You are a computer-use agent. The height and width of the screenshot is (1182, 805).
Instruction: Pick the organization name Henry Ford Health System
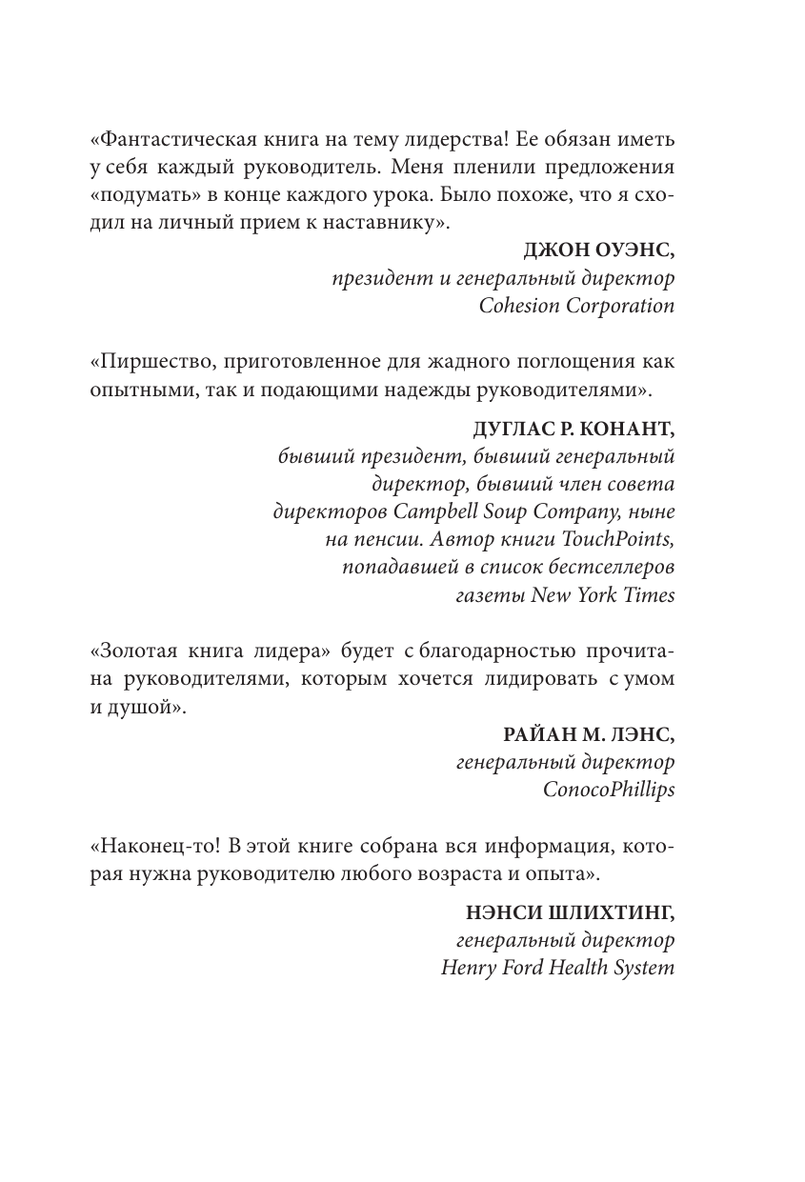557,968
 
